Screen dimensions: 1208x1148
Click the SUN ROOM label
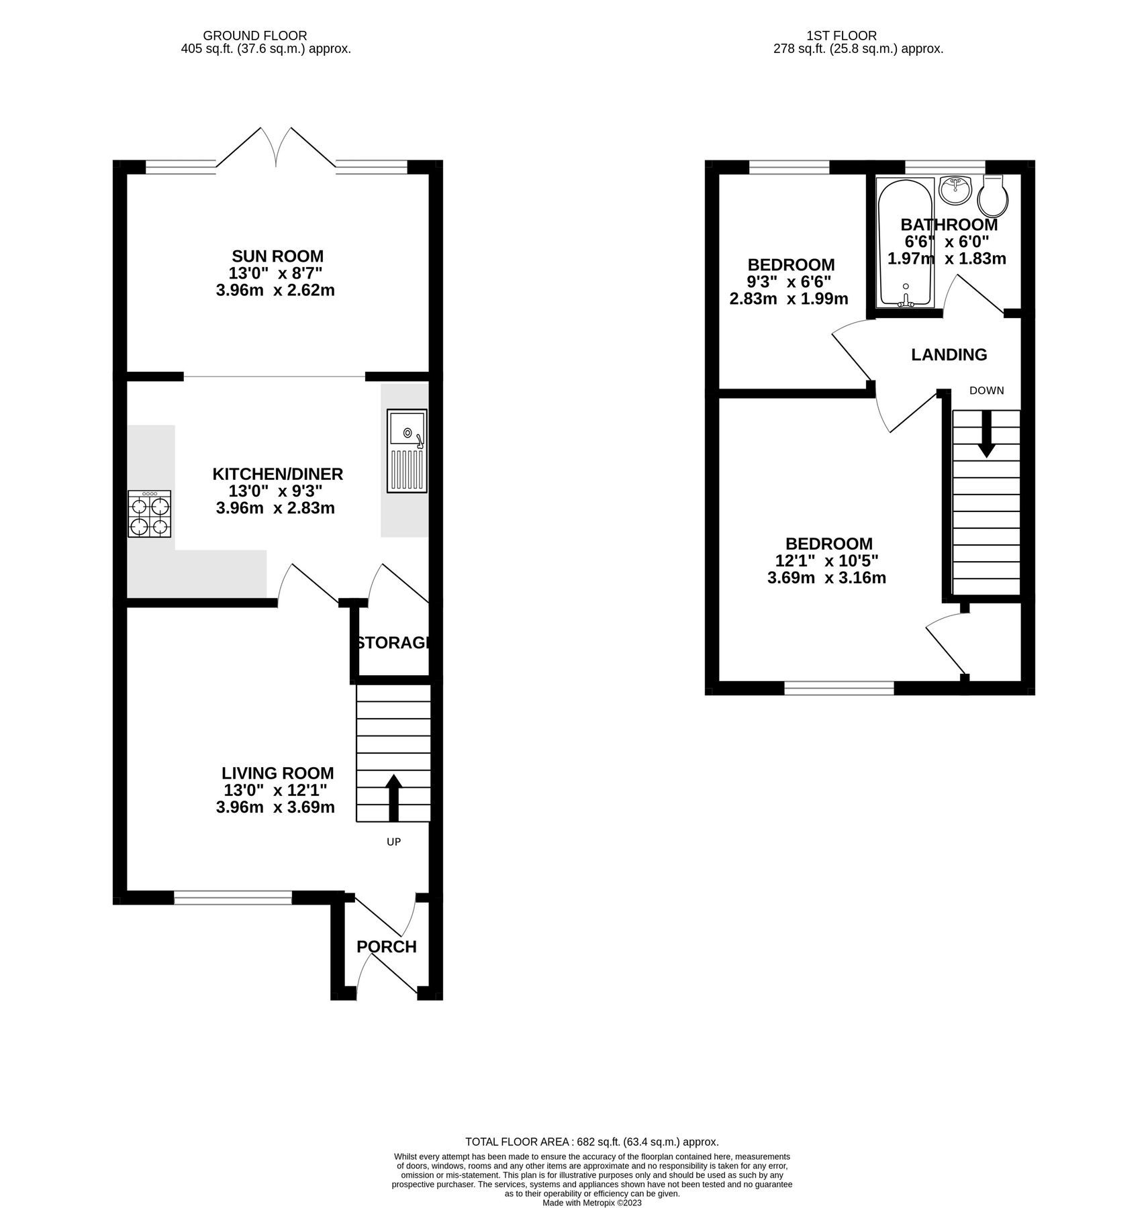(277, 256)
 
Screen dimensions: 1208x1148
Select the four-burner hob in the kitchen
(149, 514)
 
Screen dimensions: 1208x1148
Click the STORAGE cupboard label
(392, 643)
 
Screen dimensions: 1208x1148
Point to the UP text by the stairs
(393, 842)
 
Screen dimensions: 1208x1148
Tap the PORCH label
(386, 947)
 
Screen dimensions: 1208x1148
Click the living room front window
(233, 897)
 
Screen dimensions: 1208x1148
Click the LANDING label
(949, 354)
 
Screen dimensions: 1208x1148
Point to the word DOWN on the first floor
(986, 391)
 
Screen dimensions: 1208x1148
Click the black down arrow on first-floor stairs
(986, 434)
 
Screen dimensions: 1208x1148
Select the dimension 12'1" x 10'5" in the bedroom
(826, 560)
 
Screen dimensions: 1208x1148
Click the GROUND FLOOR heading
(254, 36)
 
